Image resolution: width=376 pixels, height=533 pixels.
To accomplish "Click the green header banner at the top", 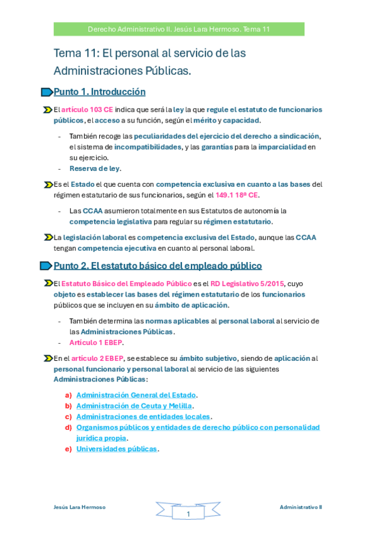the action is coord(179,29).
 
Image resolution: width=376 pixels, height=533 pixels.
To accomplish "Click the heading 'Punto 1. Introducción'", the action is coord(99,92).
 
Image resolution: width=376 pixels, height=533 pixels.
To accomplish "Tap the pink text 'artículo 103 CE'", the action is coord(87,109).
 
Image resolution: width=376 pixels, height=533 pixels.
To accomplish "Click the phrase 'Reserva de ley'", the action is coord(94,168).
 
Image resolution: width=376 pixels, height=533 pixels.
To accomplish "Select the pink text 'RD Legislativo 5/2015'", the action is coord(246,283).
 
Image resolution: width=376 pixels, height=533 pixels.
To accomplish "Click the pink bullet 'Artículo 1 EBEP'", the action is coord(96,343).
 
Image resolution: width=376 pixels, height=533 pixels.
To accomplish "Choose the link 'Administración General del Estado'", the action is coord(136,395).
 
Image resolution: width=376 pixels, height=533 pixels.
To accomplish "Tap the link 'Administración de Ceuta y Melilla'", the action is coord(134,406).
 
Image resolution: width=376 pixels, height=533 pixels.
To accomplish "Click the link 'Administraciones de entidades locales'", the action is coord(143,417).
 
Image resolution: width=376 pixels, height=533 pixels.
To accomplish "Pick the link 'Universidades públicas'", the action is coord(116,449).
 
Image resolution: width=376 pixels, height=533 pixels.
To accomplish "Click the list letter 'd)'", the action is coord(68,427).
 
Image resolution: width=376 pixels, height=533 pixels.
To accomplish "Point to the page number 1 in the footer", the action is coord(188,514).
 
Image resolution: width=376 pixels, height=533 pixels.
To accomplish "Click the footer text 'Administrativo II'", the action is coord(301,507).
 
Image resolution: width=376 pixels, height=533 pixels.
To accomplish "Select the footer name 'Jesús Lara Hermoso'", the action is coord(80,507).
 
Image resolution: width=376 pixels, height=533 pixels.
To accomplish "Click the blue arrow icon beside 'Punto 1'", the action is coord(46,92).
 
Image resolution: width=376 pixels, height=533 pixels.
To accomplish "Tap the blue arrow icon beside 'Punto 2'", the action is coord(46,266).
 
